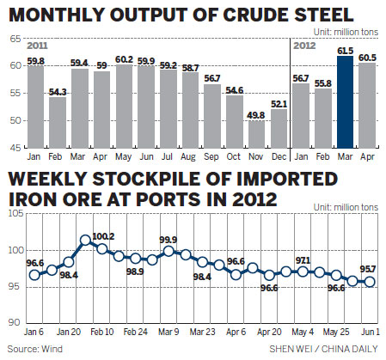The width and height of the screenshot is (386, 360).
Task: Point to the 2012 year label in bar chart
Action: click(x=304, y=44)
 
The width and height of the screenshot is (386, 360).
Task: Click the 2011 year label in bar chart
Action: click(x=39, y=44)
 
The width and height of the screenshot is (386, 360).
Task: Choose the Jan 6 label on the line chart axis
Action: click(x=34, y=330)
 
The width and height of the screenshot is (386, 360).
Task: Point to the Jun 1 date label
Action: click(x=370, y=330)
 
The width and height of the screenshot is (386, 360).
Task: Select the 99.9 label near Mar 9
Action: click(x=168, y=241)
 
